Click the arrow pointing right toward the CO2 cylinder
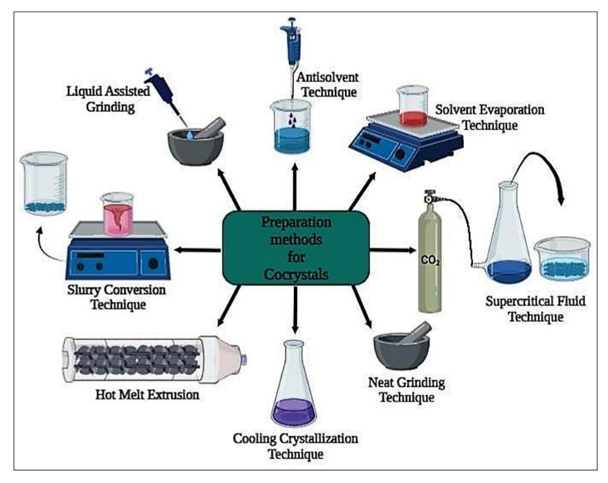pyautogui.click(x=389, y=248)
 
